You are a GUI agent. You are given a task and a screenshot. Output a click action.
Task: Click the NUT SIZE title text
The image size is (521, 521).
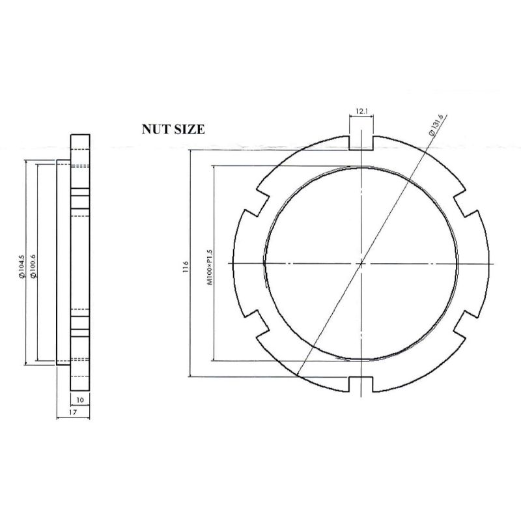click(173, 129)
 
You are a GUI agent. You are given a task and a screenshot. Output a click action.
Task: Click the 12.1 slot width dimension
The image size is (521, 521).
click(362, 111)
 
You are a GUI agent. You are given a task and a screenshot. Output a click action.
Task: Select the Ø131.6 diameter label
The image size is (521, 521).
click(436, 124)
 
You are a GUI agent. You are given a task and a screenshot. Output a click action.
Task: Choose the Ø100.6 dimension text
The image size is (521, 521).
click(32, 266)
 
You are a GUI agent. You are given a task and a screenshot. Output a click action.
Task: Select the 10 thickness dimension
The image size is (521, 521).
click(79, 399)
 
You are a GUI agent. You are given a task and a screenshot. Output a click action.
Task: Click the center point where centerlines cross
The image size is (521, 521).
click(361, 263)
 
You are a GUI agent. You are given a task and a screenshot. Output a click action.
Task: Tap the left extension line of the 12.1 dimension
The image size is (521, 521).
click(350, 127)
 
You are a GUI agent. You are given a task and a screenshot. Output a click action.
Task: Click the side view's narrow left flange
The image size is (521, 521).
click(63, 264)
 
